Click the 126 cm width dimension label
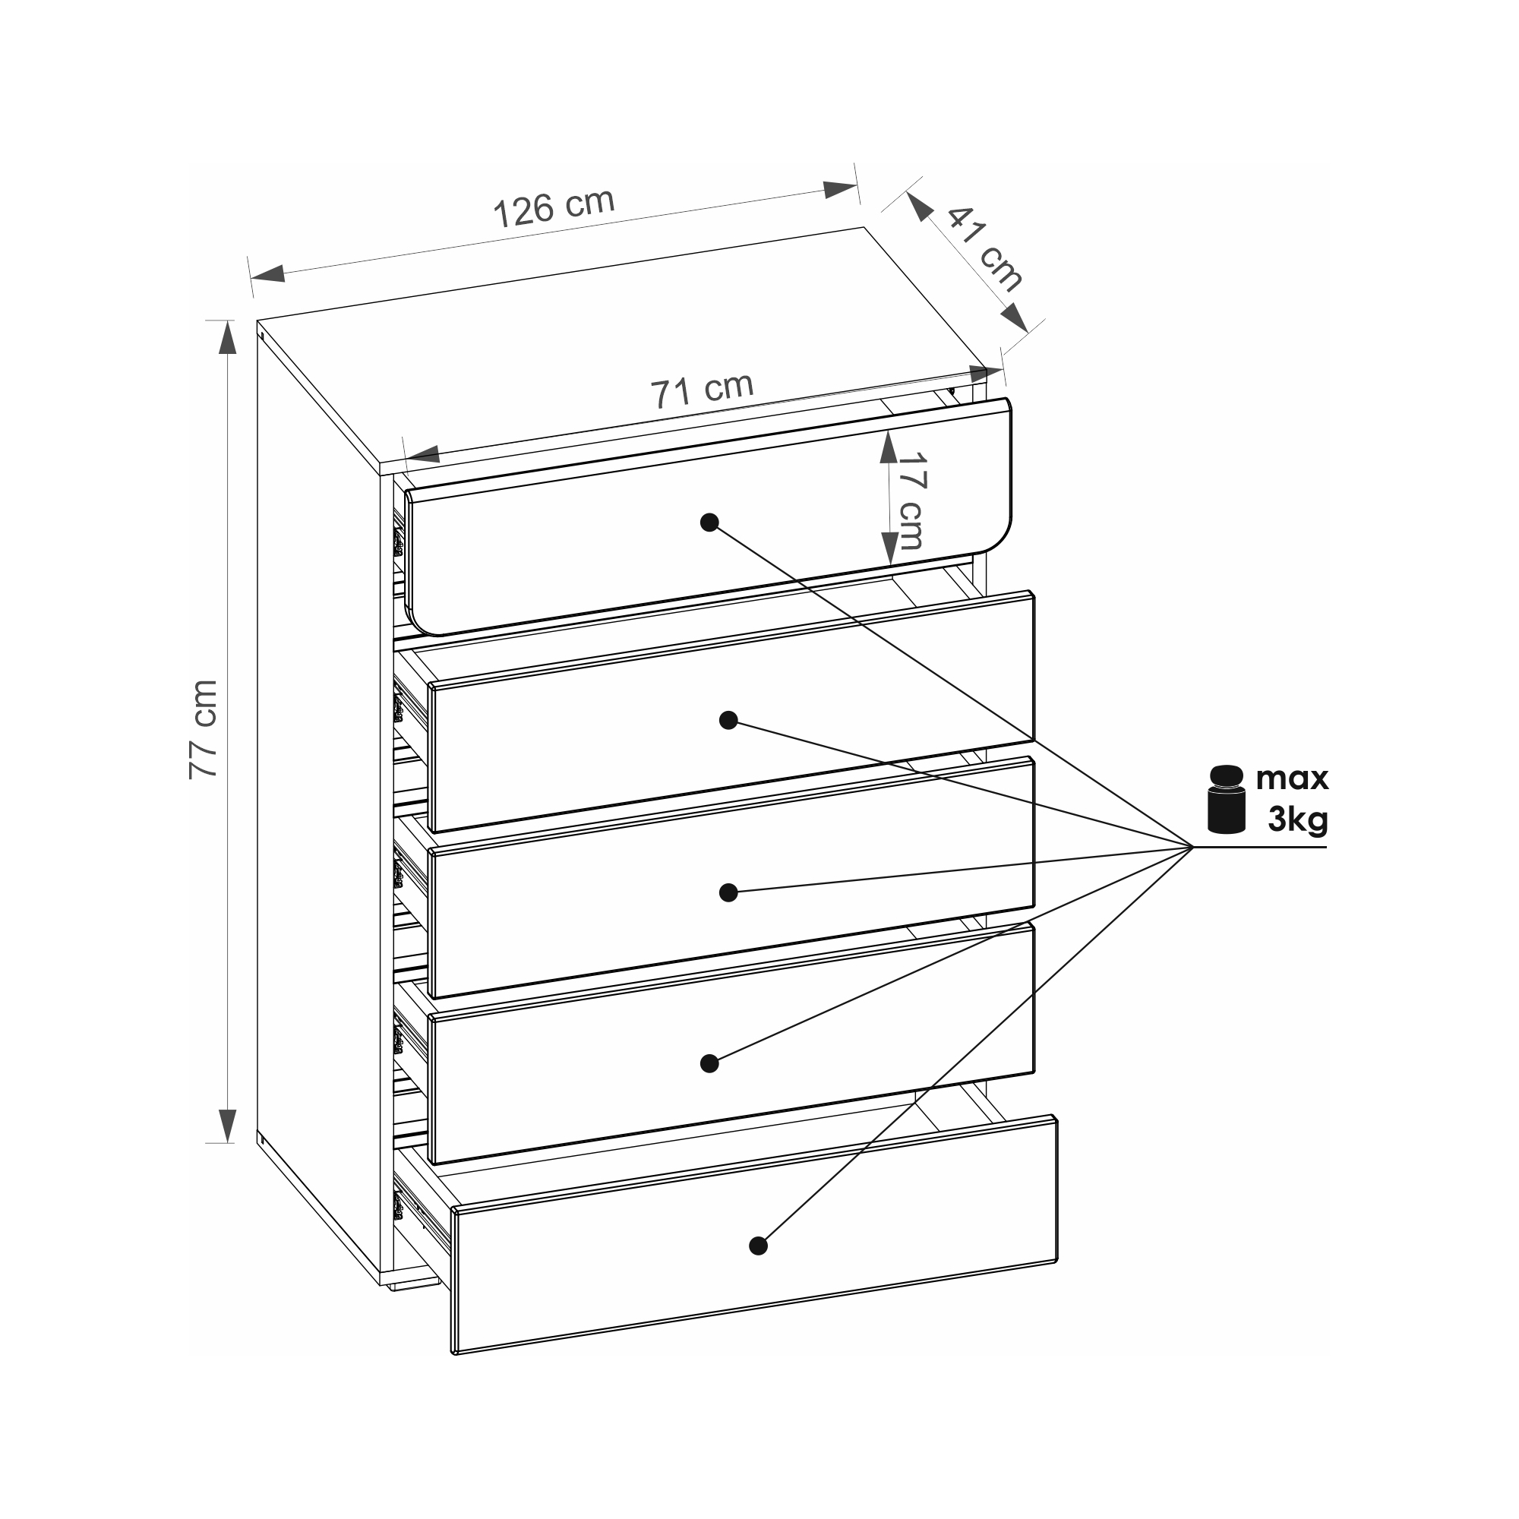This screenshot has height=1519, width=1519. point(554,208)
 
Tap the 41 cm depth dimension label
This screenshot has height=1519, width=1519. point(985,250)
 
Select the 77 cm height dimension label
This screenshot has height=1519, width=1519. point(203,730)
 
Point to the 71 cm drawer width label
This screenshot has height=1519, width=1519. point(702,390)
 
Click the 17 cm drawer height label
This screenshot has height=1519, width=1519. point(911,501)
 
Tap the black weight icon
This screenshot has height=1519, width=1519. point(1227,799)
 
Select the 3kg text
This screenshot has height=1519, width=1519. point(1298,820)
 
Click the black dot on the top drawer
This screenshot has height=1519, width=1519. point(709,523)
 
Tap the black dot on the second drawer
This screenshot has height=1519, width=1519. point(728,720)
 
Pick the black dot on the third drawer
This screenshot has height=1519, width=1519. point(728,892)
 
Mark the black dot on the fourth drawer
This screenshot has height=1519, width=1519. point(709,1064)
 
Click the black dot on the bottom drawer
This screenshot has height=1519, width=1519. point(758,1246)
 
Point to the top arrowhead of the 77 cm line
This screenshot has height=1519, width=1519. point(227,338)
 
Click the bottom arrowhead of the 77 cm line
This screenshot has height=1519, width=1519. point(227,1126)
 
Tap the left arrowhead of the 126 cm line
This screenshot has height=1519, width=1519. point(267,273)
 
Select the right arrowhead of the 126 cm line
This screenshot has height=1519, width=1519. point(840,189)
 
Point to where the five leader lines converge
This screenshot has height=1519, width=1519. point(1192,847)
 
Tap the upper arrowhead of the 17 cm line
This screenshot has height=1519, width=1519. point(889,447)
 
